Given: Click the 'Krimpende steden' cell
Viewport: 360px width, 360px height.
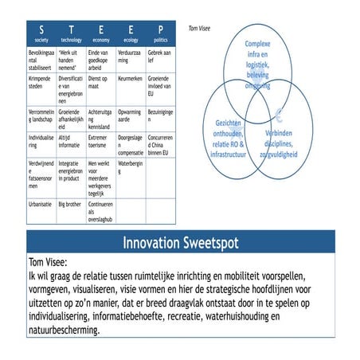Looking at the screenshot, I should [41, 84].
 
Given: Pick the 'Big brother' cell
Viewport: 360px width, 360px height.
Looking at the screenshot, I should [69, 204].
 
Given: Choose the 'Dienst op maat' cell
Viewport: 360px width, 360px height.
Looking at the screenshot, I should [101, 84].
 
